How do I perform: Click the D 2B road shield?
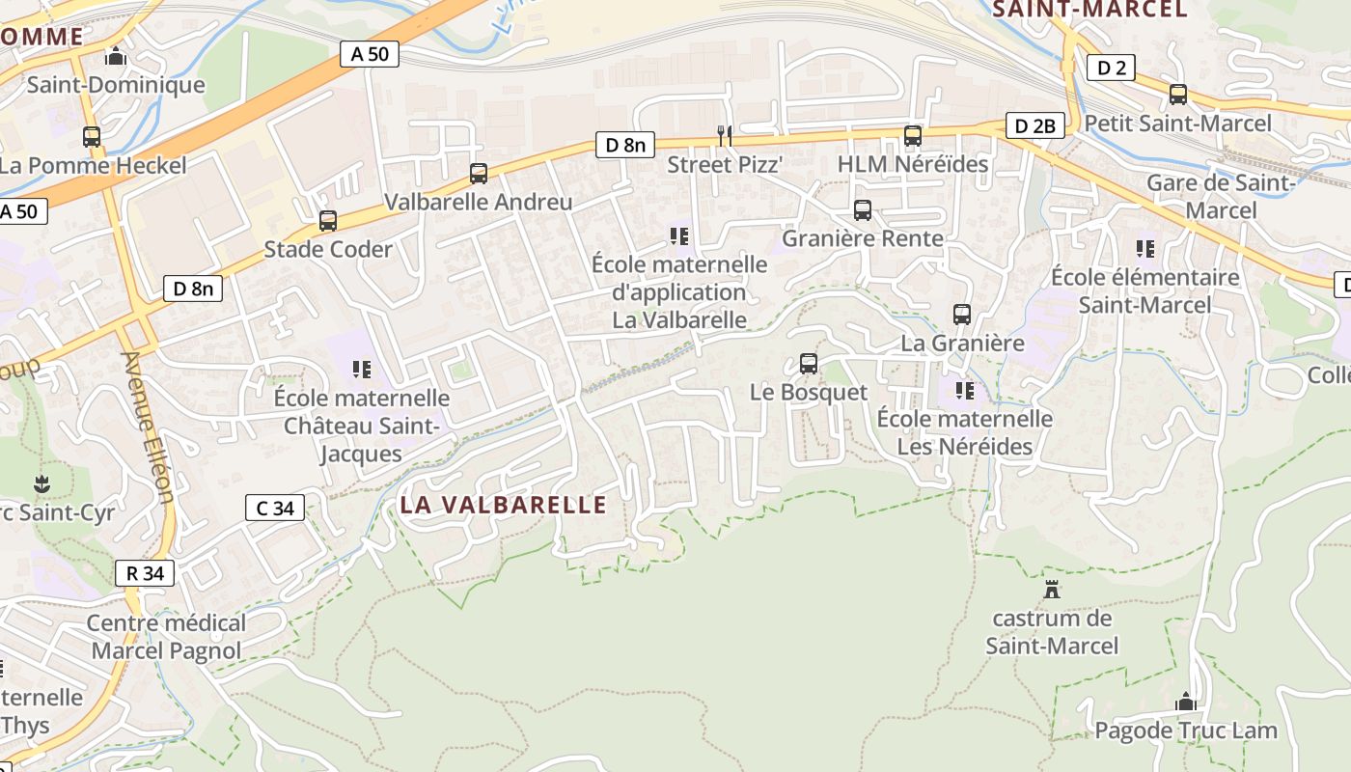pyautogui.click(x=1038, y=125)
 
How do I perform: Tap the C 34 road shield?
pyautogui.click(x=275, y=508)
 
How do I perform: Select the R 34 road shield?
pyautogui.click(x=145, y=573)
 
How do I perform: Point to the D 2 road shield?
pyautogui.click(x=1110, y=68)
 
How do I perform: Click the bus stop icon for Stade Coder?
pyautogui.click(x=328, y=221)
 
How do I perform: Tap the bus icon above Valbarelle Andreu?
pyautogui.click(x=479, y=174)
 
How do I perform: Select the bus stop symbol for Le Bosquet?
pyautogui.click(x=809, y=364)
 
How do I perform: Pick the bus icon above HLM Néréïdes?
pyautogui.click(x=913, y=136)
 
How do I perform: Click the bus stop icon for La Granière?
pyautogui.click(x=962, y=315)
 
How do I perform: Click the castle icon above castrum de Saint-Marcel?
pyautogui.click(x=1052, y=589)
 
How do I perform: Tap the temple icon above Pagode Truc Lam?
pyautogui.click(x=1186, y=702)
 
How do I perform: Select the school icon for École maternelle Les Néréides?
pyautogui.click(x=964, y=391)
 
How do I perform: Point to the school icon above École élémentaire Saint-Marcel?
pyautogui.click(x=1145, y=249)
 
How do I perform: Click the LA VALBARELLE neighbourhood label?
pyautogui.click(x=504, y=505)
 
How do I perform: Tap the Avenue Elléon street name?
pyautogui.click(x=148, y=427)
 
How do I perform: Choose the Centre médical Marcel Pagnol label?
pyautogui.click(x=167, y=637)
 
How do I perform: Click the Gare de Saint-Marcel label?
pyautogui.click(x=1221, y=196)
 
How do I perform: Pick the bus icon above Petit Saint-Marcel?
pyautogui.click(x=1178, y=95)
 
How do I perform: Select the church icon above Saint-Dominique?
pyautogui.click(x=116, y=57)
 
